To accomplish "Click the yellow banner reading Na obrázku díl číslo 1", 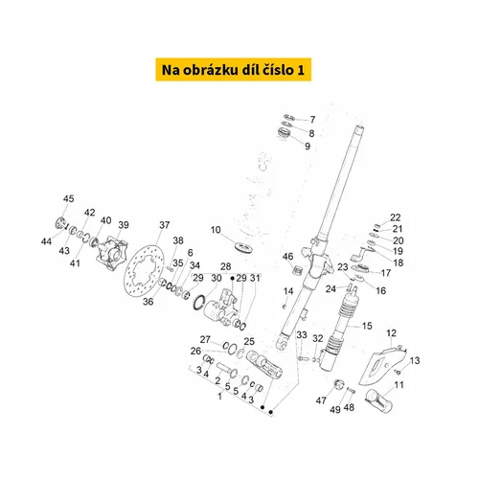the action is point(234,70).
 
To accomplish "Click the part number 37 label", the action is point(165,225).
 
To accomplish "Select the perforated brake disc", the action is point(144,271).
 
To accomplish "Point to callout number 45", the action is point(68,198).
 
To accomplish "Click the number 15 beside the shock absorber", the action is point(367,326).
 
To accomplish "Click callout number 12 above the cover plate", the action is point(391,333).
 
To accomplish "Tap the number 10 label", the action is point(216,230).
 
